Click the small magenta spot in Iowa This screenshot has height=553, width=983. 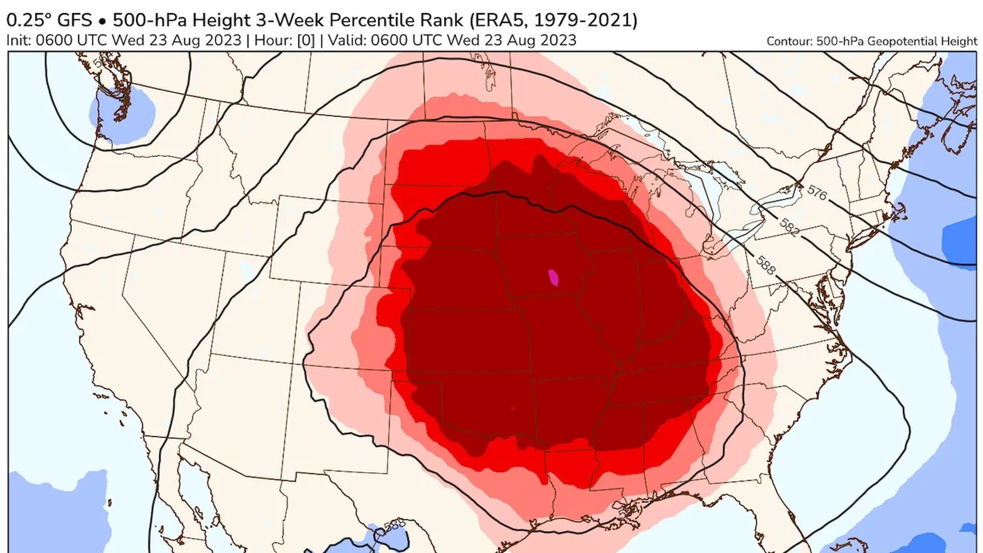point(553,278)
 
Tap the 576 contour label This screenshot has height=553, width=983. point(817,193)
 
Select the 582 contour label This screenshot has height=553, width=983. point(789,227)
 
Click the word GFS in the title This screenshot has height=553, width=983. point(74,20)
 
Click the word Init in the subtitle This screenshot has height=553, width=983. point(18,40)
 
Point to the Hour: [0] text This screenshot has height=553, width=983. point(284,40)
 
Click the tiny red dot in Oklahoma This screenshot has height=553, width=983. point(512,408)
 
